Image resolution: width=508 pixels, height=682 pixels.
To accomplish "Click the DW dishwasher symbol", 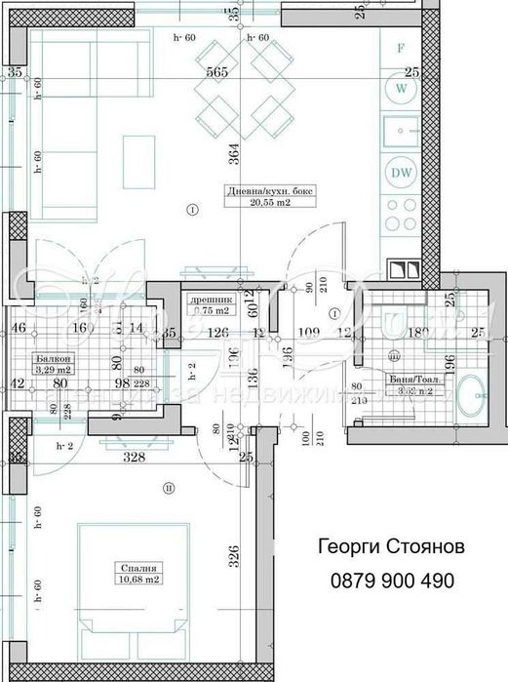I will point(401,172).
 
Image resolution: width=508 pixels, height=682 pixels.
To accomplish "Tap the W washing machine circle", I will point(401,89).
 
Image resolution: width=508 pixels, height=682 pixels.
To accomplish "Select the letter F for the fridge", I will point(401,47).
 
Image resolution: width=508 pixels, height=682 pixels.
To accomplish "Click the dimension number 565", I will point(216,72).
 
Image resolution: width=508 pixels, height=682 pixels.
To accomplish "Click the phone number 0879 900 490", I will point(386,581).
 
